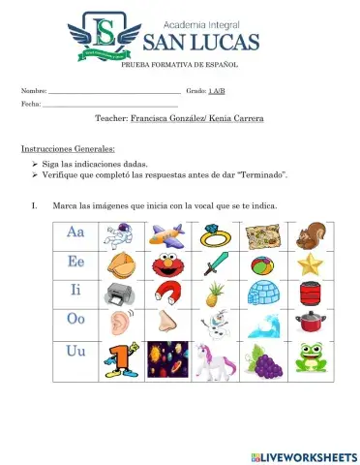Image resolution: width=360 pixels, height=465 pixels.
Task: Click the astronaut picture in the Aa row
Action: click(118, 235)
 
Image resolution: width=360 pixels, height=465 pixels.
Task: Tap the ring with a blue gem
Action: click(213, 235)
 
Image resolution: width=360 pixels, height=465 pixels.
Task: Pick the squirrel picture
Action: click(311, 235)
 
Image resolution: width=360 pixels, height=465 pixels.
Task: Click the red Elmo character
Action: click(165, 264)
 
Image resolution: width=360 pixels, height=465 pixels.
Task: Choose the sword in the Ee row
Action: click(214, 263)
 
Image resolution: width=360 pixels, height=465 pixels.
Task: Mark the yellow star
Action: click(311, 263)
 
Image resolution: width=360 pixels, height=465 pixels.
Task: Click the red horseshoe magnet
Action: click(165, 293)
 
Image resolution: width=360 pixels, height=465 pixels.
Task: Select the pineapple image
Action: click(214, 293)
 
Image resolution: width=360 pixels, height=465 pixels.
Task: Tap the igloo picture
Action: click(262, 293)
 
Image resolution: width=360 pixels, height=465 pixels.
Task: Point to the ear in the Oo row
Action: click(118, 323)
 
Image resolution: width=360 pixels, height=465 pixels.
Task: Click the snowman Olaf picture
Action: click(214, 323)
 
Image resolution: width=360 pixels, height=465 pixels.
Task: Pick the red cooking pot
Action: click(311, 323)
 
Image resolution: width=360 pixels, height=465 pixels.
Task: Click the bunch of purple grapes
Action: click(262, 359)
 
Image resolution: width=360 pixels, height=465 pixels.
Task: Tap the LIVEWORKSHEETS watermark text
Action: click(309, 455)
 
